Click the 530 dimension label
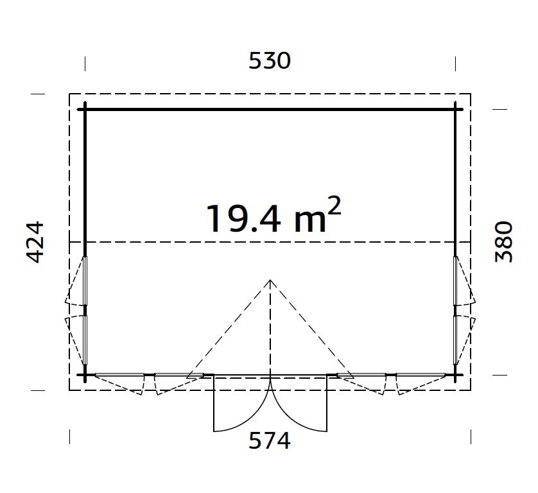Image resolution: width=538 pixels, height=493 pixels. click(270, 61)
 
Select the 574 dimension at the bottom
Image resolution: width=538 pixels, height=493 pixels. click(270, 440)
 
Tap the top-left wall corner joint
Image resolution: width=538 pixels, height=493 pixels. click(85, 109)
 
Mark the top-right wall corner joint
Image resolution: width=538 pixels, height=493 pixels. click(456, 109)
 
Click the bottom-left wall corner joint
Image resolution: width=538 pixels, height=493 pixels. click(85, 375)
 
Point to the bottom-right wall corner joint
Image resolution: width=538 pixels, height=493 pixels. click(456, 375)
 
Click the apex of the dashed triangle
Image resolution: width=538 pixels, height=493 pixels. click(271, 280)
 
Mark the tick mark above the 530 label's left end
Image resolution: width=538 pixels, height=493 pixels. click(85, 63)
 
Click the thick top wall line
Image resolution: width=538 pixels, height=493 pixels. click(270, 109)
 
